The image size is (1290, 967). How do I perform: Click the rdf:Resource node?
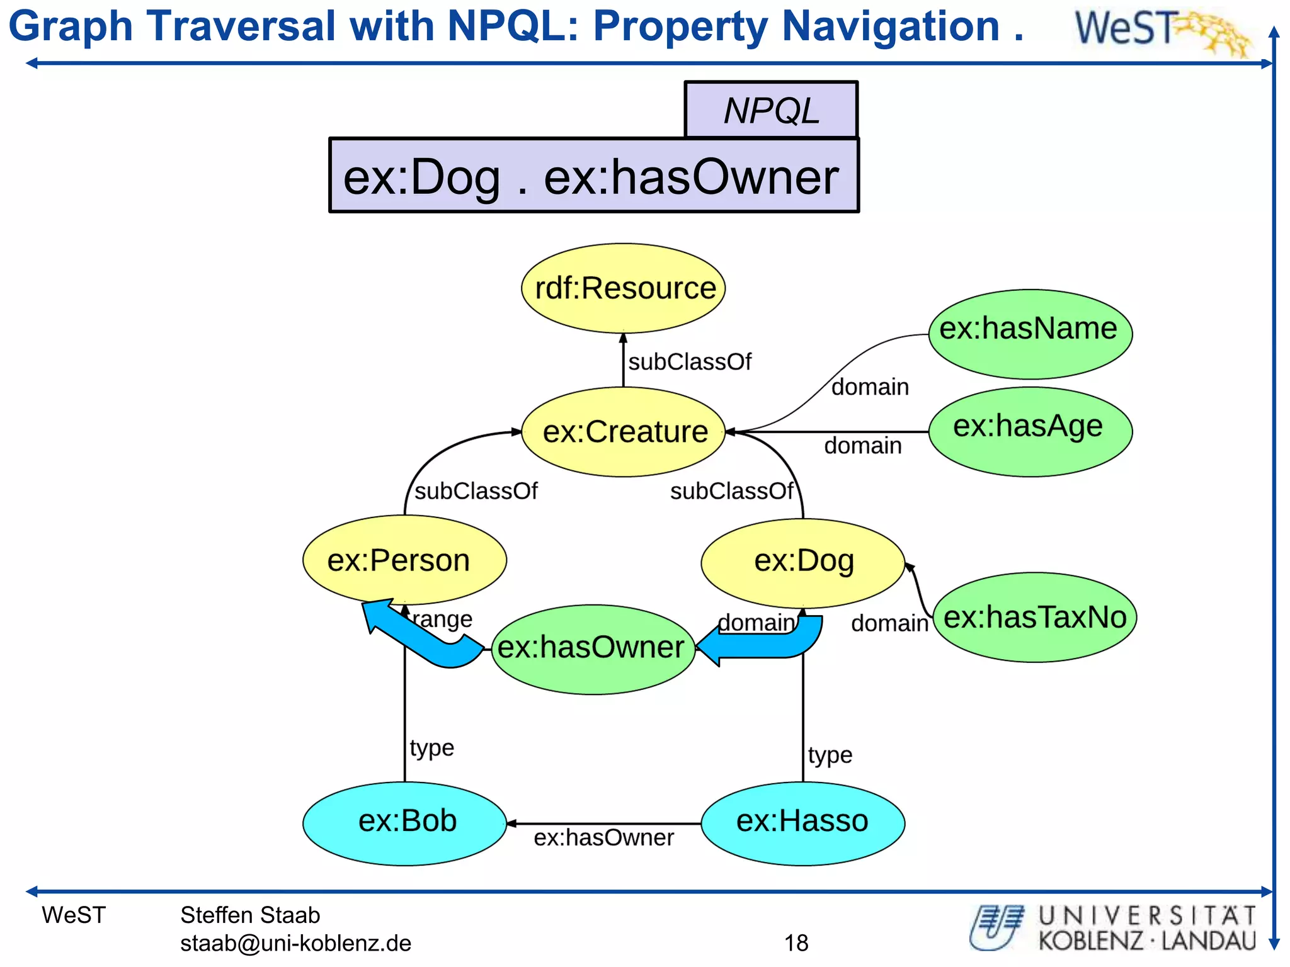pyautogui.click(x=624, y=288)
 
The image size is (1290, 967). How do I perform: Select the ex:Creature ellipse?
pyautogui.click(x=624, y=432)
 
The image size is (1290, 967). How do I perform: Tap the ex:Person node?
pyautogui.click(x=404, y=560)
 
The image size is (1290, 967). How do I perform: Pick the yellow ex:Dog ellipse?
pyautogui.click(x=803, y=563)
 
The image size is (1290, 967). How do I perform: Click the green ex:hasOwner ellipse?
pyautogui.click(x=592, y=649)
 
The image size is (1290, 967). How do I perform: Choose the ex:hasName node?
pyautogui.click(x=1030, y=334)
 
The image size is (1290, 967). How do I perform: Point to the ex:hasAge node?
pyautogui.click(x=1030, y=431)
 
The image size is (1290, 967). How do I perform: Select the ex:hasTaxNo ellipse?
pyautogui.click(x=1034, y=617)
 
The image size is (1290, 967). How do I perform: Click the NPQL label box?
pyautogui.click(x=771, y=110)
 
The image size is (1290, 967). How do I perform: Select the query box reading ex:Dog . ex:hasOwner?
pyautogui.click(x=593, y=176)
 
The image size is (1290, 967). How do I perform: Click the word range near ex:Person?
pyautogui.click(x=442, y=619)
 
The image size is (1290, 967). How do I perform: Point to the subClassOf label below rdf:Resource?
pyautogui.click(x=690, y=362)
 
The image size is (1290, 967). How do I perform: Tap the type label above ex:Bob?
pyautogui.click(x=432, y=748)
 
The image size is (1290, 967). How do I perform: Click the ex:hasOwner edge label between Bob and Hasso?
pyautogui.click(x=603, y=838)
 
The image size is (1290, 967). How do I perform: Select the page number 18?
pyautogui.click(x=796, y=943)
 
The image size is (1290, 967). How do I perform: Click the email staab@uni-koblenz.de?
pyautogui.click(x=295, y=943)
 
